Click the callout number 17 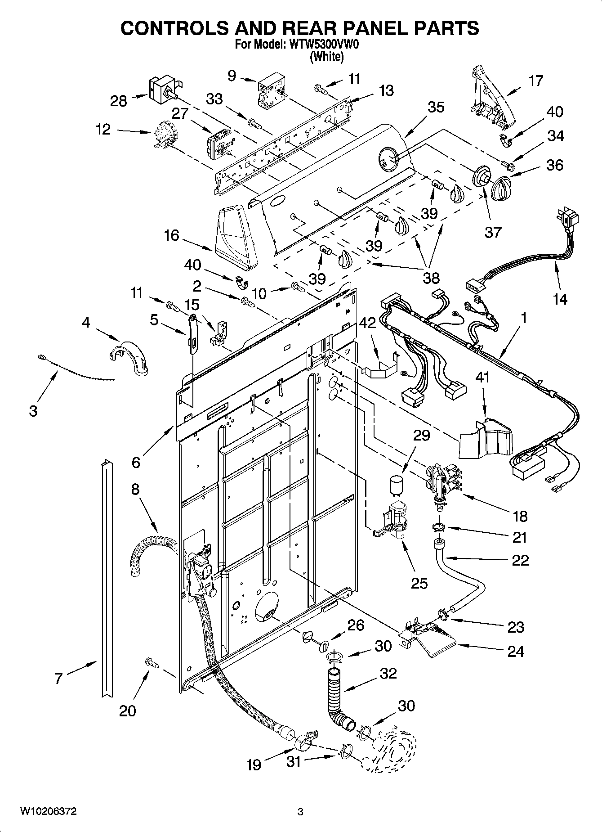pyautogui.click(x=535, y=81)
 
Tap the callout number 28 pyautogui.click(x=119, y=101)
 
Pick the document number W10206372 pyautogui.click(x=48, y=811)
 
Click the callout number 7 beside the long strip pyautogui.click(x=58, y=679)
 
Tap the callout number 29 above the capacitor pyautogui.click(x=422, y=435)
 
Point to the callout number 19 pyautogui.click(x=254, y=765)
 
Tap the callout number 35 pyautogui.click(x=436, y=107)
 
